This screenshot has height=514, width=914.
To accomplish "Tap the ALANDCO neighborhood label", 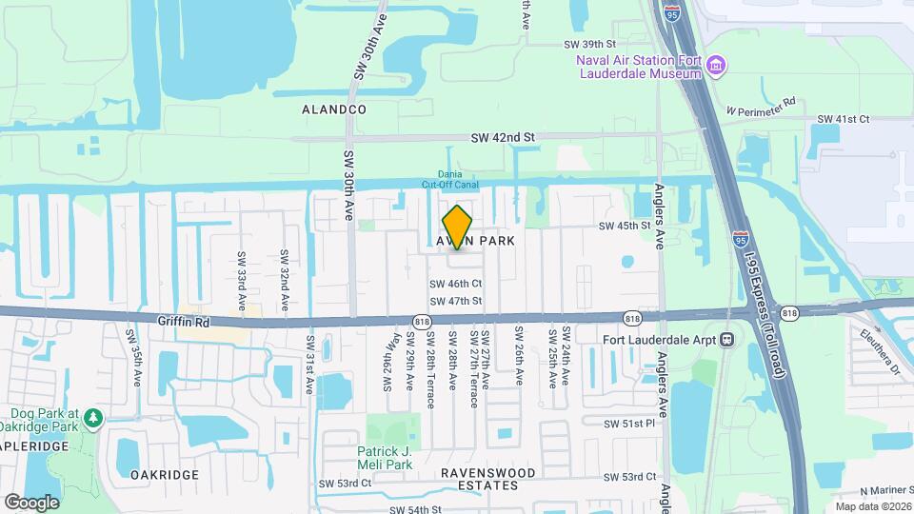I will tap(334, 109).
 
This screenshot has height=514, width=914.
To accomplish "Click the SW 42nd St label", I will tap(503, 138).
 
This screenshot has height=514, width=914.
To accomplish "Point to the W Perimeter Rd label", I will tap(761, 105).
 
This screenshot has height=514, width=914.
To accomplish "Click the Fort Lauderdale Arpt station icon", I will tap(728, 338).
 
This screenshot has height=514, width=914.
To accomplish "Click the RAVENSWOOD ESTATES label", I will tap(488, 479).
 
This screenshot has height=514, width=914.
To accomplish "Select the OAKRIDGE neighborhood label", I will tap(164, 474).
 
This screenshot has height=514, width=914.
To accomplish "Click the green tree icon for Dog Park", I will tap(93, 418).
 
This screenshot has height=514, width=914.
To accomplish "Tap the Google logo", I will tap(31, 502).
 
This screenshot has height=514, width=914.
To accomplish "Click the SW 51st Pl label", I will tap(630, 423).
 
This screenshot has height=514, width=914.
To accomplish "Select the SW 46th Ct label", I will tap(456, 284).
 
